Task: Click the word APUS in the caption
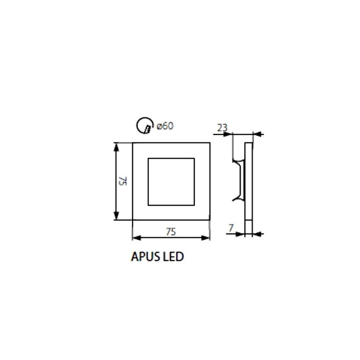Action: [x=146, y=256]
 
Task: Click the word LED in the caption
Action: [x=173, y=256]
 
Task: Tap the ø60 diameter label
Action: [x=165, y=126]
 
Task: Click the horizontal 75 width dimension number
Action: [x=171, y=232]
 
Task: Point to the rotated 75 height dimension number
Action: [x=122, y=181]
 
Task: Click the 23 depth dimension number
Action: [x=222, y=128]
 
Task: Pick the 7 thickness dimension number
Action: [x=231, y=228]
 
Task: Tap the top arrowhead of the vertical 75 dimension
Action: [x=116, y=147]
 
